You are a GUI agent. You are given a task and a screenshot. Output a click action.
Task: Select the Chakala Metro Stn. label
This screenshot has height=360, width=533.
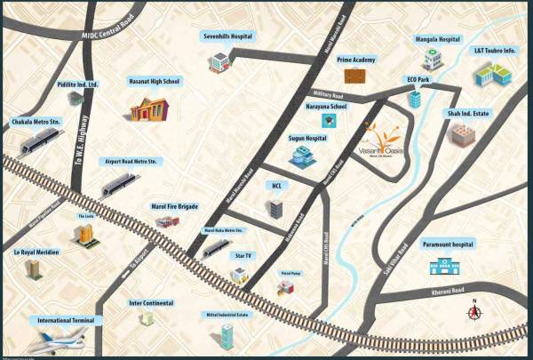36,121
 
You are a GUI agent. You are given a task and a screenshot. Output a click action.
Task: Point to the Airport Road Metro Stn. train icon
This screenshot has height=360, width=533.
119,184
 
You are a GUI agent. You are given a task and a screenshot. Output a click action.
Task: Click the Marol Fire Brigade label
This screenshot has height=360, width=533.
175,206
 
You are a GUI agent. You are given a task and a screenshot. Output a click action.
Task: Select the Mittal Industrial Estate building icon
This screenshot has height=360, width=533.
227,336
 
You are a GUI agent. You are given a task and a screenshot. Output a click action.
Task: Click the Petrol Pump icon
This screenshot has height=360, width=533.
284,286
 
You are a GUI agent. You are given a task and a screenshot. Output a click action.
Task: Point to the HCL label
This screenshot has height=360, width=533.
276,186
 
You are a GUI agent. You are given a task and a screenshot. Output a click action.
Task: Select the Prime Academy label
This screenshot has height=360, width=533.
354,59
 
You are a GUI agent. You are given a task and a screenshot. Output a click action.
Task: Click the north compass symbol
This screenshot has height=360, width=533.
475,310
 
